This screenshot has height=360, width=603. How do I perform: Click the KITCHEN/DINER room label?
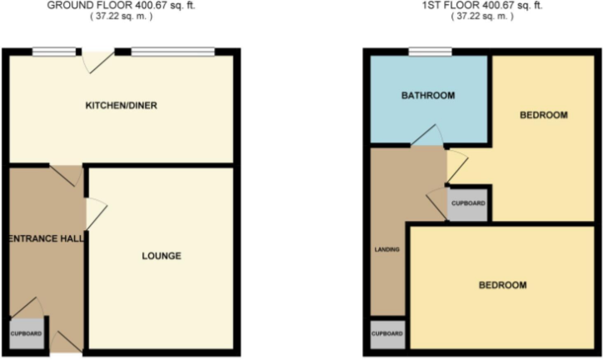point(122,106)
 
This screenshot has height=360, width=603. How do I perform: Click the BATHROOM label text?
point(428,96)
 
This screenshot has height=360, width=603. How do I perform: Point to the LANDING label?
point(386,249)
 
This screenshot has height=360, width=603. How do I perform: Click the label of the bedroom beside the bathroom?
point(543,115)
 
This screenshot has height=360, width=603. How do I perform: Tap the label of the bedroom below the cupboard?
point(502,285)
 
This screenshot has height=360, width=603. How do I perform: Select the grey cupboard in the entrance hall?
point(26,332)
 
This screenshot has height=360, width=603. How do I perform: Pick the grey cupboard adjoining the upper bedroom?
point(467,203)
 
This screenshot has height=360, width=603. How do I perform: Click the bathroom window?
point(430,52)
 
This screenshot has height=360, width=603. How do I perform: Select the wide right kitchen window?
point(172,52)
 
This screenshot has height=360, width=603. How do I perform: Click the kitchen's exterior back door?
point(97,62)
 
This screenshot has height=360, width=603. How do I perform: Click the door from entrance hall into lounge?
point(94,212)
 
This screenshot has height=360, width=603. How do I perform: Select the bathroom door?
point(429,136)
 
